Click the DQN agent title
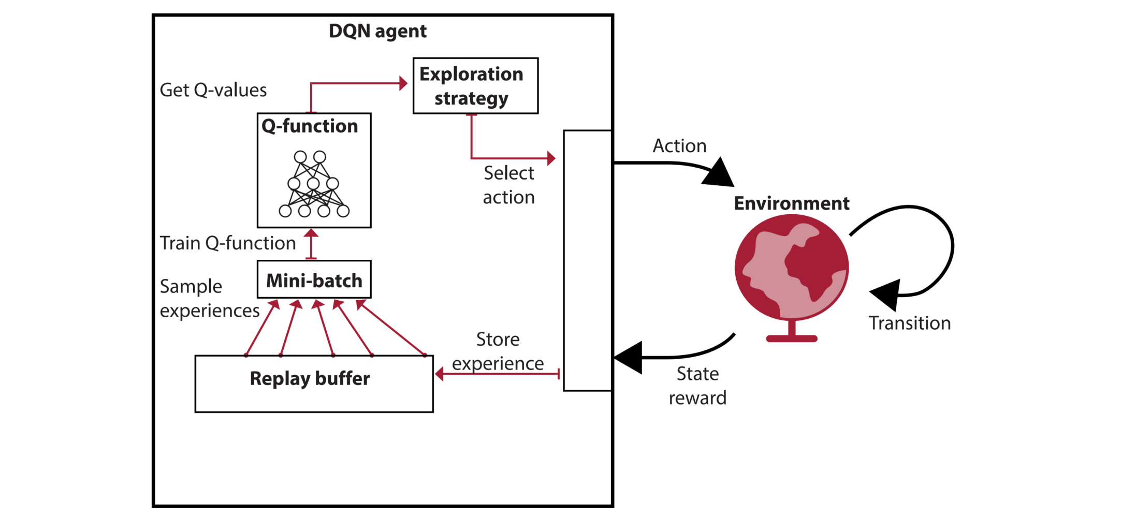pos(377,31)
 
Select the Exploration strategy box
pos(475,86)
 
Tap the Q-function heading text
pos(310,126)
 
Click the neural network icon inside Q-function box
pos(314,184)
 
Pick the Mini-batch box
pos(314,280)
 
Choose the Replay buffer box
pos(314,383)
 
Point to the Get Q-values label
pos(213,90)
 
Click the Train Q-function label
pos(227,243)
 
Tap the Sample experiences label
pos(209,298)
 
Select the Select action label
pos(508,185)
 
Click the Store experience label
pos(498,351)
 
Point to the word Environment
pos(791,203)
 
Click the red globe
pos(791,267)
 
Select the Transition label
pos(909,323)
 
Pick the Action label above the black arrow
pos(679,146)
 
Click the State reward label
pos(697,386)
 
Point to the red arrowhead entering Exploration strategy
pos(403,83)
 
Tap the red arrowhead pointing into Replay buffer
pos(439,374)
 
